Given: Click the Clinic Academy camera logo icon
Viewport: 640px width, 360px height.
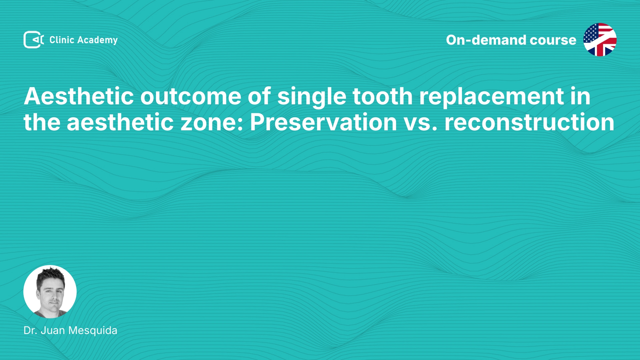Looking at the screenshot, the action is [x=34, y=40].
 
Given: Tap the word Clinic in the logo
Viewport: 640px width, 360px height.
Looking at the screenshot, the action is [x=62, y=40].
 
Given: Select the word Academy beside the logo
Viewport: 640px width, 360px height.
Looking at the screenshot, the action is [x=97, y=40].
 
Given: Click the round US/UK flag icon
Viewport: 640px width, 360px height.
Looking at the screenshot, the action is [x=600, y=40].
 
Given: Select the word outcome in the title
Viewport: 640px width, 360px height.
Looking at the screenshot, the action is [x=191, y=96].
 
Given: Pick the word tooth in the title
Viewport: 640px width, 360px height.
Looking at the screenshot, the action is [x=383, y=96].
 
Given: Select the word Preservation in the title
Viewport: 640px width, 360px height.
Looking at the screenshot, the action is [x=323, y=122].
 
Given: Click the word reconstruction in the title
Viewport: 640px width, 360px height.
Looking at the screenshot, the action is [x=529, y=122].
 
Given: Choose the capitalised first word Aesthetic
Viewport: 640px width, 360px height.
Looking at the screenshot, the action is [x=79, y=96].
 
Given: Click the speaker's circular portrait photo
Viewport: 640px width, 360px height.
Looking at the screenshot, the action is [x=50, y=292].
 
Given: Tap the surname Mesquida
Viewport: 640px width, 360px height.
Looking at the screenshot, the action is [x=93, y=331].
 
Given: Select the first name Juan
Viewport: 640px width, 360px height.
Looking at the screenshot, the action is [x=53, y=330].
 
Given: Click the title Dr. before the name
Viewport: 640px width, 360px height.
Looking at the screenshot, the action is [x=30, y=330].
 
